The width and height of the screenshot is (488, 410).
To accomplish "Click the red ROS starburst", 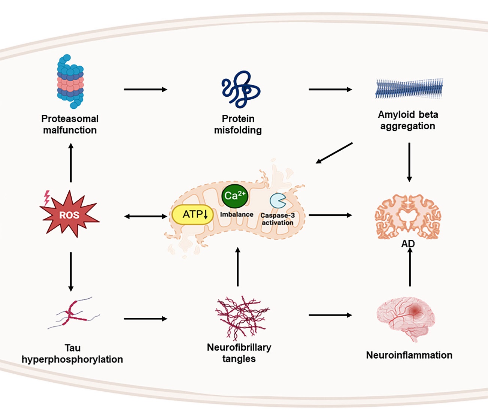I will tap(69, 214).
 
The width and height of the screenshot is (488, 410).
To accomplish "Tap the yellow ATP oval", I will tap(193, 215).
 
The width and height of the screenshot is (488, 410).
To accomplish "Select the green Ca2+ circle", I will tap(235, 196).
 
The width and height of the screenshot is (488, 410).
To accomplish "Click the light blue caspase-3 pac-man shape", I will tap(278, 201).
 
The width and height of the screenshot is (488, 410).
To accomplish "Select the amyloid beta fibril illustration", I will tap(409, 89).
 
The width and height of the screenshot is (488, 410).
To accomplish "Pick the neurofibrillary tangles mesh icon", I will tap(242, 317).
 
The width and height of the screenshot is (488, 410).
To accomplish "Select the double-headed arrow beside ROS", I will tap(146, 216).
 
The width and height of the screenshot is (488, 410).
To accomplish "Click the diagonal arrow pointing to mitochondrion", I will tap(334, 153).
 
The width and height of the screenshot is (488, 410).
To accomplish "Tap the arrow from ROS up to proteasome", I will tap(71, 163).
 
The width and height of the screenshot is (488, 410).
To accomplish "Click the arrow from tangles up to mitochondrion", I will tap(237, 267).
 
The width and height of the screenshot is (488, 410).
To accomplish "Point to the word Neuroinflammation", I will tap(409, 355).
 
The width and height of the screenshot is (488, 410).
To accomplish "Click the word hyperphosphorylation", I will tap(72, 359).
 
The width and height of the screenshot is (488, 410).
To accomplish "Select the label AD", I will tap(408, 244).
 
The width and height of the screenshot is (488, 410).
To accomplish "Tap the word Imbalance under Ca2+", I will tap(237, 214).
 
